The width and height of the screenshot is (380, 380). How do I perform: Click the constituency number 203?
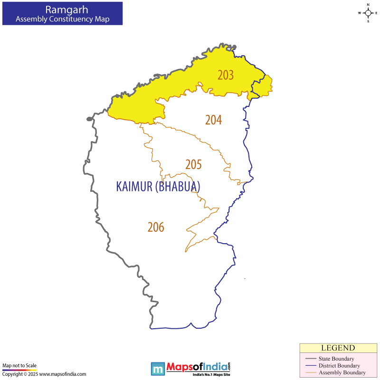[226, 75]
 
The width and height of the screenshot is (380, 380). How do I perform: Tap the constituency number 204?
[213, 120]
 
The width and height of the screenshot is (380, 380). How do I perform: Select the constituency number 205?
[193, 164]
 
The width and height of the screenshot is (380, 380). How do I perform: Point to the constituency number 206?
[155, 228]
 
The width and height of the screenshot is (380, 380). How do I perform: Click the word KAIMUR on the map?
[134, 187]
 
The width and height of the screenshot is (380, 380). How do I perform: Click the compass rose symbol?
[368, 13]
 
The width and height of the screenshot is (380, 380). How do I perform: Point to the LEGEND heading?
[338, 348]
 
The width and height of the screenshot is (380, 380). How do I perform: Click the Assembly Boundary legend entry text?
[342, 372]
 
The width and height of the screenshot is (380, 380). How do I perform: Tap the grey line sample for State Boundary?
[311, 359]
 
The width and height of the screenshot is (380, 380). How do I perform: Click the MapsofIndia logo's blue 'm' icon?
[158, 368]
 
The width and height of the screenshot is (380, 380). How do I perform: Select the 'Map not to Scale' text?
[19, 365]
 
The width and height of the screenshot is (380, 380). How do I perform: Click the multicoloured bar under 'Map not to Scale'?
[19, 370]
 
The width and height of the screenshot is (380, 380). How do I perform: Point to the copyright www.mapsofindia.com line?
[44, 374]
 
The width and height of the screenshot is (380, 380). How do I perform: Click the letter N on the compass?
[368, 4]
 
